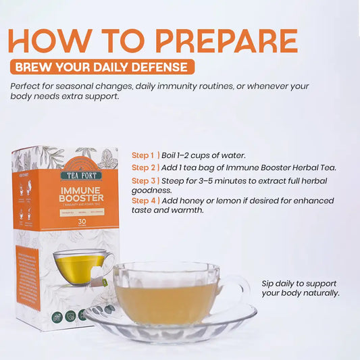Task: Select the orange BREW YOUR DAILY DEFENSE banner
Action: [102, 67]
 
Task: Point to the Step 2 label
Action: [144, 168]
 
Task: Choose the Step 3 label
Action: [144, 181]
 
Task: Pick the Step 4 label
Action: [144, 201]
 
